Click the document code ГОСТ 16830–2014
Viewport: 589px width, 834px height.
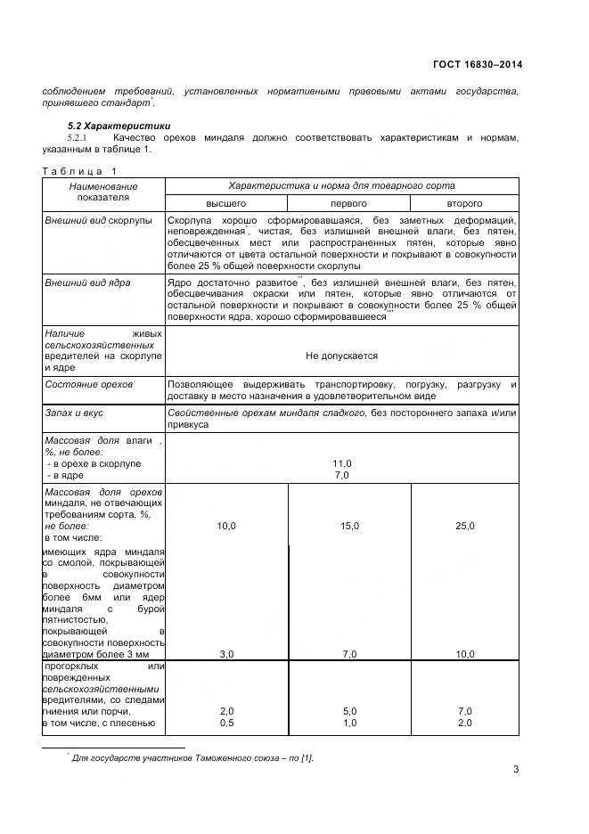coord(479,64)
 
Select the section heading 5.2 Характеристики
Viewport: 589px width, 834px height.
coord(120,126)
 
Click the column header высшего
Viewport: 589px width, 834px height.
coord(226,203)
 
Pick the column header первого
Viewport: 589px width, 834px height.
coord(349,203)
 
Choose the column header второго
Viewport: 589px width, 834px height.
coord(464,203)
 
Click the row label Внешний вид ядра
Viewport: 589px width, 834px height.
coord(87,282)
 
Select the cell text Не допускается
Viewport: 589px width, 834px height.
coord(341,356)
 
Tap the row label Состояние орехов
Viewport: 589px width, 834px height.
coord(88,384)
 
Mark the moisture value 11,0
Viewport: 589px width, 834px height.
coord(342,463)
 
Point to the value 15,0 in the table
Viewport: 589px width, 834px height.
coord(349,527)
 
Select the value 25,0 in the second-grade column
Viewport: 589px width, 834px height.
coord(464,527)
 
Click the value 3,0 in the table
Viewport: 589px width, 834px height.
coord(226,654)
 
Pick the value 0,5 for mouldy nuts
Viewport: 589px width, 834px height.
coord(226,723)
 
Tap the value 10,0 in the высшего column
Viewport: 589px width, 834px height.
coord(226,527)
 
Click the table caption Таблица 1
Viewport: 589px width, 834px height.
coord(78,171)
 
